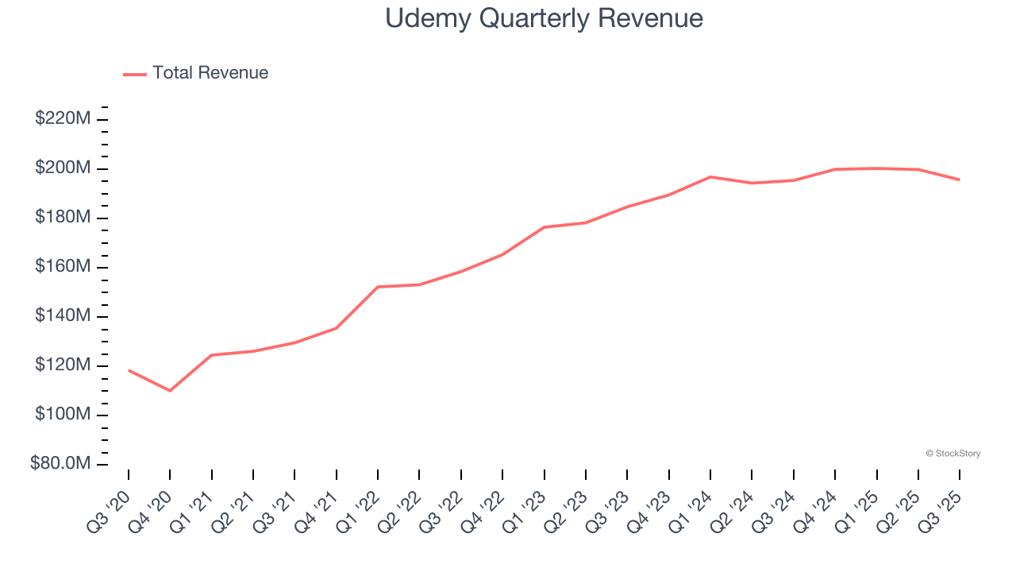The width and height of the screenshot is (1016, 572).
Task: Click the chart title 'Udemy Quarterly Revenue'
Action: (x=544, y=18)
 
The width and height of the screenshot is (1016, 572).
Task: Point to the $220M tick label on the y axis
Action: (x=62, y=119)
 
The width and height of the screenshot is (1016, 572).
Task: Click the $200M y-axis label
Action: (x=62, y=168)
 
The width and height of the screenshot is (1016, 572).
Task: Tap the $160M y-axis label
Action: (x=62, y=267)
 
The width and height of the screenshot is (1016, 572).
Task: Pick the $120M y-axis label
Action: (x=62, y=365)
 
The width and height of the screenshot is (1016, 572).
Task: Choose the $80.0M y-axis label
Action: (x=60, y=464)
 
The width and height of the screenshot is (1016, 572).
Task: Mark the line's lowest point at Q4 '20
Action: (x=170, y=390)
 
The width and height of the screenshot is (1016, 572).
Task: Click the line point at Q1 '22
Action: (x=378, y=287)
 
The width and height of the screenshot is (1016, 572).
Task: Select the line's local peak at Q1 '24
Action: (x=710, y=177)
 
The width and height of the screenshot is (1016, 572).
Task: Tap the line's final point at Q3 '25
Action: (x=959, y=180)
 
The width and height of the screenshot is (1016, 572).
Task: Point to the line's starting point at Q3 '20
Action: (x=129, y=370)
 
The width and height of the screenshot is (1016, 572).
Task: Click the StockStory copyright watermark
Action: (x=952, y=454)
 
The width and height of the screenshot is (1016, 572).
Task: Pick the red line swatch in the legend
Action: (x=135, y=74)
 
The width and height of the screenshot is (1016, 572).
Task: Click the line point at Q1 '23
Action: (x=544, y=227)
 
